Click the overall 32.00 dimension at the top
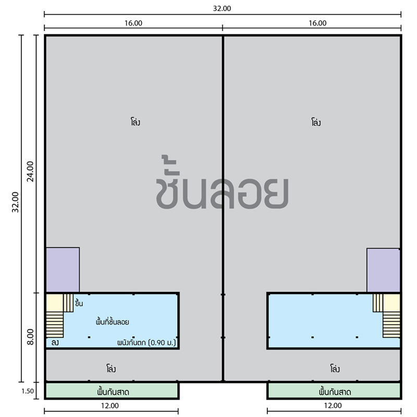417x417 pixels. [x=222, y=8]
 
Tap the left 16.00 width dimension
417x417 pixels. [x=133, y=23]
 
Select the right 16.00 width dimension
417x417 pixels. [x=317, y=23]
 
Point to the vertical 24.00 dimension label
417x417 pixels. [x=30, y=171]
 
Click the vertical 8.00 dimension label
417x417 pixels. [x=31, y=337]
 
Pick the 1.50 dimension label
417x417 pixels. [x=28, y=391]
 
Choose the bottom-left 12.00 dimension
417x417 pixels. [x=110, y=406]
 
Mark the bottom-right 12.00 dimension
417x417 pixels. [x=333, y=406]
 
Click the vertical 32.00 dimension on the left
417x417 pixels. [x=16, y=202]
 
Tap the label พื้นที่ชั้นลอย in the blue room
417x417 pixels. [x=113, y=322]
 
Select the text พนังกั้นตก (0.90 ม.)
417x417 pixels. [x=146, y=342]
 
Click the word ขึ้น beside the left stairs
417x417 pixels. [x=79, y=303]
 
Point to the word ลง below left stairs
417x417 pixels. [x=55, y=342]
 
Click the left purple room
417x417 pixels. [x=63, y=270]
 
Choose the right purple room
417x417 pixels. [x=383, y=271]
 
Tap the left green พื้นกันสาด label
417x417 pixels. [x=113, y=392]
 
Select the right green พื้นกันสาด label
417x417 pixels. [x=335, y=392]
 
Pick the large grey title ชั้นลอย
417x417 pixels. [x=222, y=183]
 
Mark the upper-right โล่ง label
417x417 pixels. [x=316, y=122]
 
